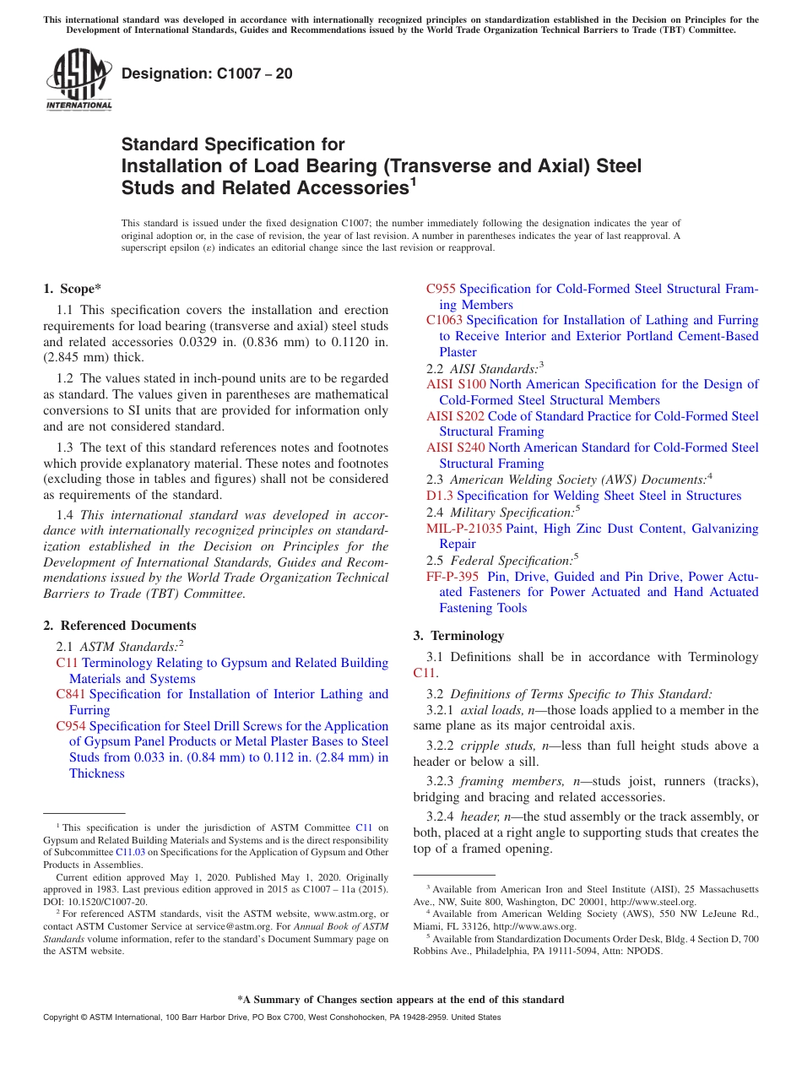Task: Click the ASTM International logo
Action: coord(79,81)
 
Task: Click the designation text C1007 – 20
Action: coord(207,73)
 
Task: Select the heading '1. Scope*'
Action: coord(72,289)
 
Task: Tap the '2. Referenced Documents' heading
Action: coord(119,626)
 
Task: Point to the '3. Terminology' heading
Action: coord(458,635)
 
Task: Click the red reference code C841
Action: coord(70,694)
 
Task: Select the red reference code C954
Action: coord(70,726)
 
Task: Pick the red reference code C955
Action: coord(441,289)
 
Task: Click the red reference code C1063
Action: coord(444,320)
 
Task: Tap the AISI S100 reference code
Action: coord(456,384)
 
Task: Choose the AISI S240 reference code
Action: coord(456,447)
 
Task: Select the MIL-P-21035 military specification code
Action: coord(463,529)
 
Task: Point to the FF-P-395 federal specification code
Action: coord(452,577)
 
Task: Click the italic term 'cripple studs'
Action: coord(496,746)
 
